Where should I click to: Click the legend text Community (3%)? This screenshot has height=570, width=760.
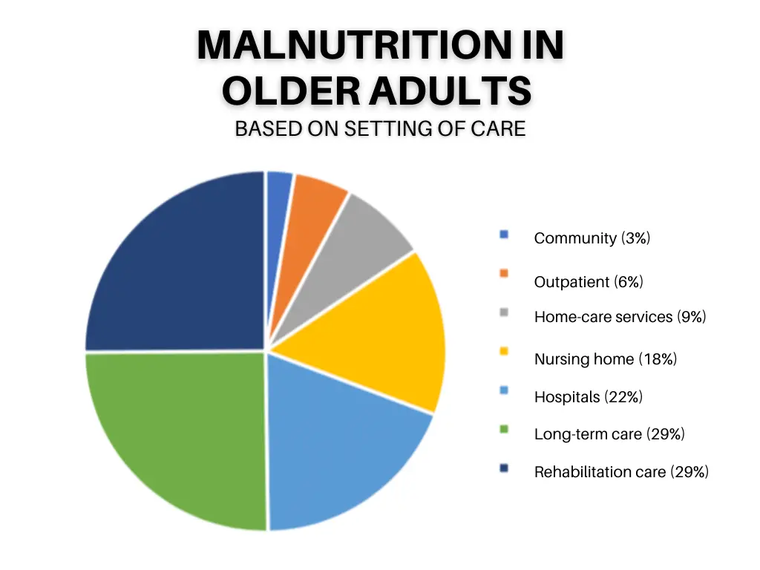coord(592,238)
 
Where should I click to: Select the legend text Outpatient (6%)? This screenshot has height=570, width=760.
coord(589,281)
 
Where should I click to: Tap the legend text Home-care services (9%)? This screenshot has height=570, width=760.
coord(620,316)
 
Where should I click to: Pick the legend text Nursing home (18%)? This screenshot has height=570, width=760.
coord(606,358)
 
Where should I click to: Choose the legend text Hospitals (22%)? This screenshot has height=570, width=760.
coord(589,397)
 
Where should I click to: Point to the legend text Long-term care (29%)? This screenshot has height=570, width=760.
coord(609,433)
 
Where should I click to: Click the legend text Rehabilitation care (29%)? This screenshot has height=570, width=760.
coord(621,471)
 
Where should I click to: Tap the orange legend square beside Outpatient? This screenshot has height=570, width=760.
coord(504,273)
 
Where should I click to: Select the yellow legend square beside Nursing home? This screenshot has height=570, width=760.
coord(504,351)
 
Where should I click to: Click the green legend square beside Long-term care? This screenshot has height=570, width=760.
coord(504,429)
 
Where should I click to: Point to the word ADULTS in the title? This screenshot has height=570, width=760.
coord(451,91)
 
